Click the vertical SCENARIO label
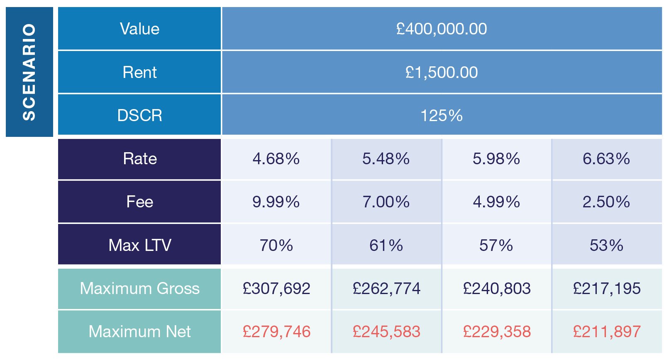29,72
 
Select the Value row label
139,29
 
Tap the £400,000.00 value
441,29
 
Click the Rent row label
139,73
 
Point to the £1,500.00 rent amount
441,73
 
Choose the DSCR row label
139,115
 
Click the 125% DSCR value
441,115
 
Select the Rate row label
139,159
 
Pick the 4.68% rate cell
276,159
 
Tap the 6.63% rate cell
606,159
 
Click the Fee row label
139,202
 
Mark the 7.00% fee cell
386,202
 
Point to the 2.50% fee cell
606,202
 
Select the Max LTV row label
139,245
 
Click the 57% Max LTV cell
496,245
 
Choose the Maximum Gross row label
139,288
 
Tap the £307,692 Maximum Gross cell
276,288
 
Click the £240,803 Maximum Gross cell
496,288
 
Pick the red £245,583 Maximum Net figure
386,332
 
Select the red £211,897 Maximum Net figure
606,332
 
